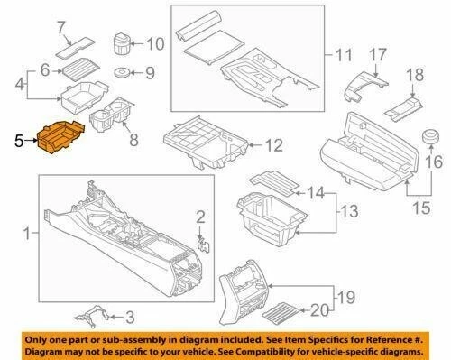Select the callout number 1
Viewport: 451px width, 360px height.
coord(26,235)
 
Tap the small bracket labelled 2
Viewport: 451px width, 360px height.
coord(204,241)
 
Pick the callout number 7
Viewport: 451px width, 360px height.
coord(61,26)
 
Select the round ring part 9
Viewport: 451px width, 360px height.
coord(119,72)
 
